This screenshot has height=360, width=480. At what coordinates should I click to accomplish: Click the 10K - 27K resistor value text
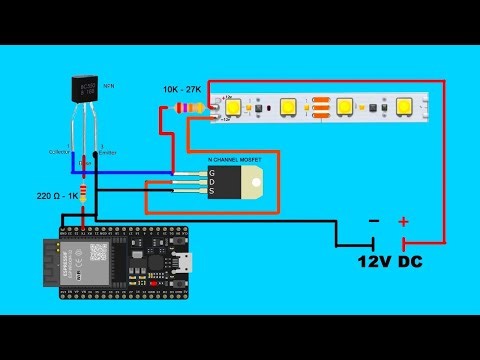(x=184, y=89)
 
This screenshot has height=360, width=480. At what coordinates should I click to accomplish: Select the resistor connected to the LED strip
(x=190, y=106)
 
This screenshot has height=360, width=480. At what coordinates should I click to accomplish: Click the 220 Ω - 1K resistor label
(x=61, y=195)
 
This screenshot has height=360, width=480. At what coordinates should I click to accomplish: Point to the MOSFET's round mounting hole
(x=258, y=184)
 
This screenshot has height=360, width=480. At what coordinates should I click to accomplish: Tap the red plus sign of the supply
(x=404, y=221)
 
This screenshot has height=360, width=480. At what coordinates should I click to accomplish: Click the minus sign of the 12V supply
(x=374, y=221)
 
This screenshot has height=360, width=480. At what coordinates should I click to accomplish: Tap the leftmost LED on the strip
(x=233, y=106)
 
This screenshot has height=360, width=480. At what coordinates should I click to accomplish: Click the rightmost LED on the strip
(x=405, y=105)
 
